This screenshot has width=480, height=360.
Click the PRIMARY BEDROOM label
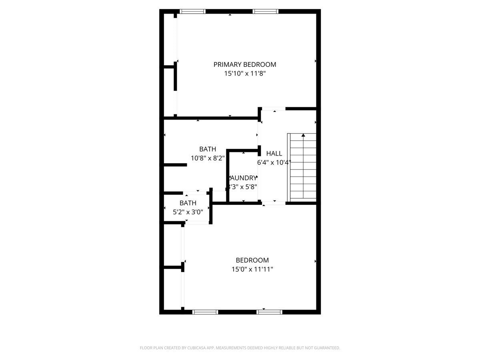(244, 64)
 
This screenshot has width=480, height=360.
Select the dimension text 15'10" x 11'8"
(244, 74)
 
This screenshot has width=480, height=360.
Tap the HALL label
(274, 153)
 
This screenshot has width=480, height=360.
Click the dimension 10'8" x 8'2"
(208, 158)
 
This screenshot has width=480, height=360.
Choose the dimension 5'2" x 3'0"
(188, 212)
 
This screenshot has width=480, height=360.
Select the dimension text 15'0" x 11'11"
(252, 269)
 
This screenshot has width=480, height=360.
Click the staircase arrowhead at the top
(303, 136)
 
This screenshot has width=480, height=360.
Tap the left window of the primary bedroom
(192, 12)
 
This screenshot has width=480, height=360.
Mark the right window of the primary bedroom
(266, 12)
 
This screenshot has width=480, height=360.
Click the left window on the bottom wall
(205, 312)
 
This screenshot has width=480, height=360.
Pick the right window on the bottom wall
(269, 312)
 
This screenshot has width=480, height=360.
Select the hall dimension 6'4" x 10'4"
(274, 162)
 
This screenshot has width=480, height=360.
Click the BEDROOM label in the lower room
(252, 260)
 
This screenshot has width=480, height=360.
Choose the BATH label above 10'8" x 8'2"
(208, 149)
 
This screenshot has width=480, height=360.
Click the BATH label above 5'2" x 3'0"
(188, 203)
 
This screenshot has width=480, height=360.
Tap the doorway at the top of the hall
(274, 109)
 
